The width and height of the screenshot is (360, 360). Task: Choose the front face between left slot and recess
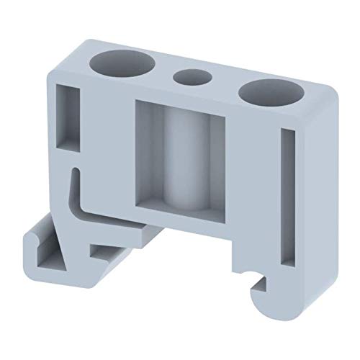[108, 144]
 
